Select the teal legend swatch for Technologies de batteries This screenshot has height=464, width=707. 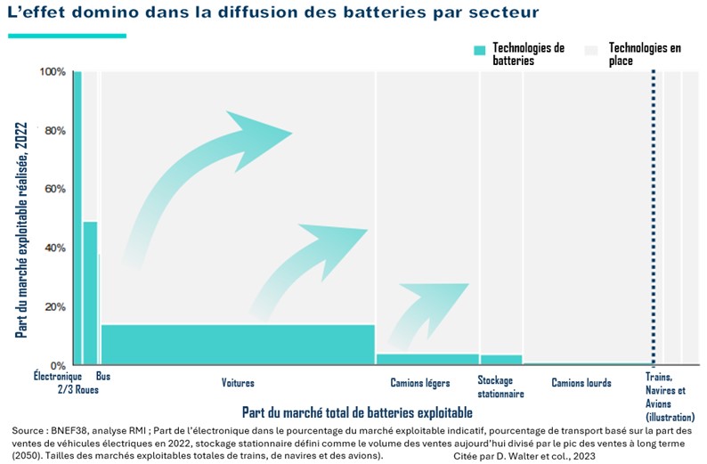480,52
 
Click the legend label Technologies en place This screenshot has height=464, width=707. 645,54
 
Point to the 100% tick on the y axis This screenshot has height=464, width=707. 53,72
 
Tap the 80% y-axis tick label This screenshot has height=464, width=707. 54,131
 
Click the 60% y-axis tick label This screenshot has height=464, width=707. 54,190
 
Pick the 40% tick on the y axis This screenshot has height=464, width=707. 54,248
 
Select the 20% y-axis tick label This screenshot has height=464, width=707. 54,307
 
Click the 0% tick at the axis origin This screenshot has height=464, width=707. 57,365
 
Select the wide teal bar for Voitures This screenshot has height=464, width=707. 238,344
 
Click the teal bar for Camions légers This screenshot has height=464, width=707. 427,359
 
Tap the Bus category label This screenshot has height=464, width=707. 103,377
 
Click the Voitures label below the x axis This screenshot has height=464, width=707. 238,384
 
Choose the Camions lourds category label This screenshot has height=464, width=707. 581,384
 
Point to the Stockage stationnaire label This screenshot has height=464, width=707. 500,387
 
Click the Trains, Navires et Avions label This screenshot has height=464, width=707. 665,396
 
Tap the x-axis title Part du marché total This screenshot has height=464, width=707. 357,412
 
